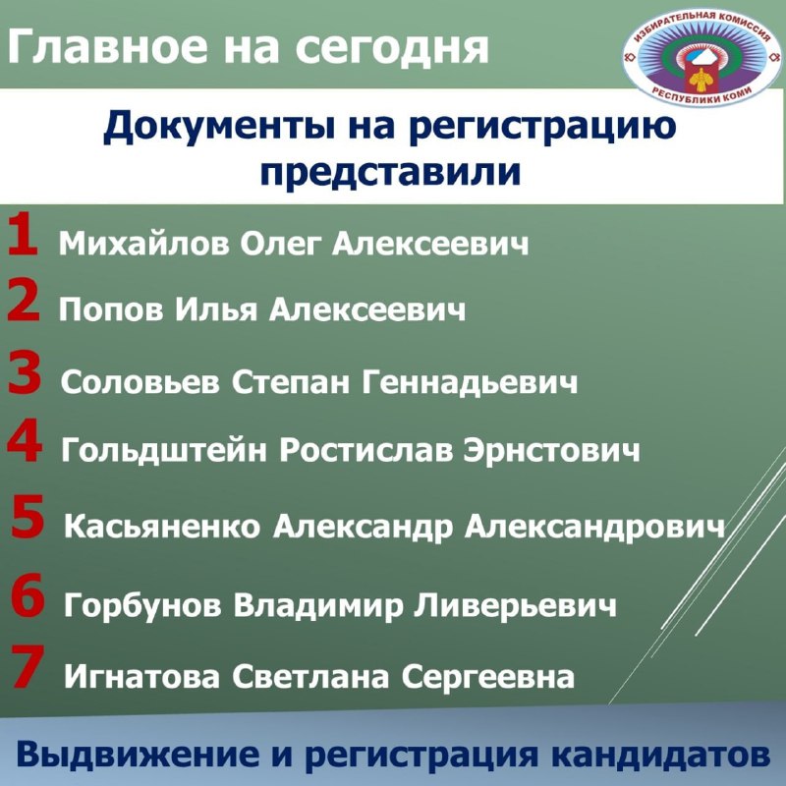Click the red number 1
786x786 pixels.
pos(23,233)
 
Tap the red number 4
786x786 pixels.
pos(25,440)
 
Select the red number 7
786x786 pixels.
pos(28,666)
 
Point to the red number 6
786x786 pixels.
pos(28,594)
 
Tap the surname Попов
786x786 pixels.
pos(111,309)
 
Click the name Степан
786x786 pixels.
pos(291,383)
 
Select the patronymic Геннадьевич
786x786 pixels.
pos(470,383)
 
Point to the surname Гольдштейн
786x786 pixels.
pos(164,449)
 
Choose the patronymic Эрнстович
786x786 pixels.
pos(551,450)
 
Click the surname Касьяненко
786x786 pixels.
pos(162,527)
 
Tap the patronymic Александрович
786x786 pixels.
pos(594,528)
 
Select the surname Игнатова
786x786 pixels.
pos(141,676)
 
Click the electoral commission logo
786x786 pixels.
pos(702,56)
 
